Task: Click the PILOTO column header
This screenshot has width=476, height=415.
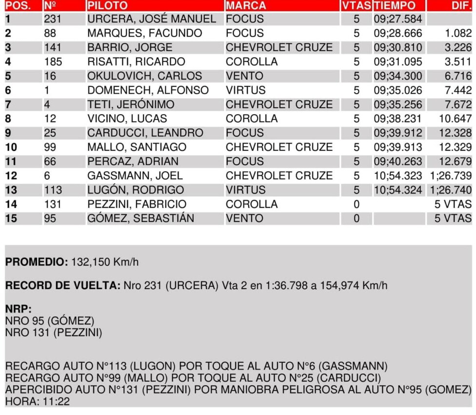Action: click(x=107, y=6)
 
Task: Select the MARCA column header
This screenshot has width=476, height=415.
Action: click(x=246, y=6)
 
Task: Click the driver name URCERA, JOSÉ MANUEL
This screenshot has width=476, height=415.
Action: click(x=151, y=19)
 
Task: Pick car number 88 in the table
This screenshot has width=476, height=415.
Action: click(x=50, y=33)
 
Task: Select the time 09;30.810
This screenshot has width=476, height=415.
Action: click(x=398, y=48)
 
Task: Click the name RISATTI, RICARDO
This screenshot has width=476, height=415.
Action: click(x=136, y=62)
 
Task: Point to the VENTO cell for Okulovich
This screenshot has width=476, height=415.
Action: click(x=244, y=76)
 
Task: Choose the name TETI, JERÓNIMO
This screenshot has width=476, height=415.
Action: click(x=131, y=104)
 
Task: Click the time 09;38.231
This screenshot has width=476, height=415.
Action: click(x=398, y=119)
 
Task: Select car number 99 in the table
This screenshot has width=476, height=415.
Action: click(x=50, y=147)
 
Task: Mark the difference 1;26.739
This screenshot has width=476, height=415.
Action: click(x=451, y=176)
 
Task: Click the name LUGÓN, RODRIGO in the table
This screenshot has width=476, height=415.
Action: click(x=136, y=190)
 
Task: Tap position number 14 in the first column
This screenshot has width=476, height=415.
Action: click(x=11, y=204)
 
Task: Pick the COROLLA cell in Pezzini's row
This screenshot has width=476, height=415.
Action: click(x=251, y=204)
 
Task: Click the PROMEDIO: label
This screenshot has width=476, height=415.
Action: click(x=37, y=262)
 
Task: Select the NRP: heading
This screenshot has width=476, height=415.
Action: click(x=18, y=309)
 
